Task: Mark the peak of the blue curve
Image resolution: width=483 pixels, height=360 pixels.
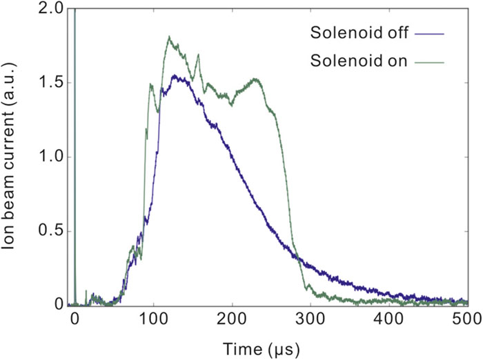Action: point(175,76)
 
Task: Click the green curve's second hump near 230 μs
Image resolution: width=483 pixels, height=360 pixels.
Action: point(256,79)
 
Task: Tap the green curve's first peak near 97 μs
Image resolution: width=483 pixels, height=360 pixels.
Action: point(150,85)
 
